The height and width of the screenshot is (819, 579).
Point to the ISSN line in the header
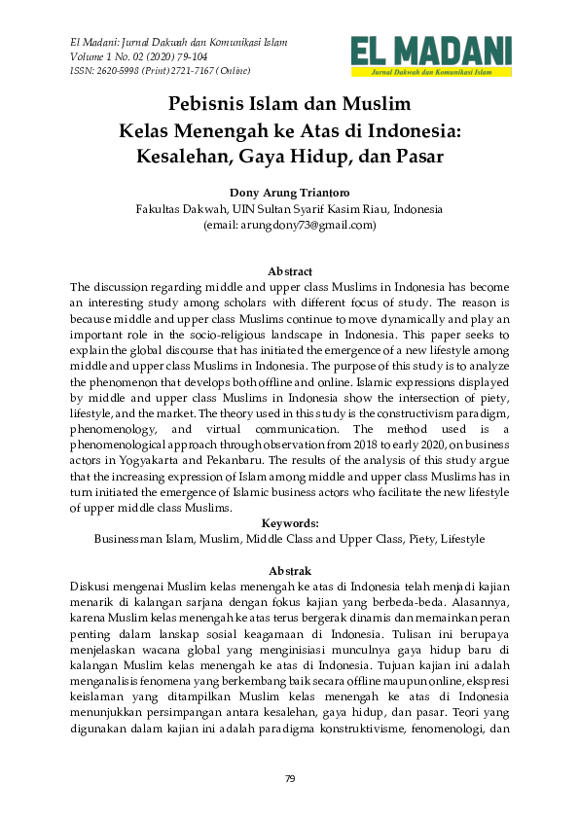(x=160, y=71)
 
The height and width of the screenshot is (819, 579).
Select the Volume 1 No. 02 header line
(x=140, y=56)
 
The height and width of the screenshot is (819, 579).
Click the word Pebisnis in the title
(x=209, y=103)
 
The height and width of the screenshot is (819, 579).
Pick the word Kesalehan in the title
(x=188, y=155)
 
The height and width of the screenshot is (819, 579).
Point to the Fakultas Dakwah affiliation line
(x=289, y=208)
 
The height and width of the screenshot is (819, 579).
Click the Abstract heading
(x=289, y=271)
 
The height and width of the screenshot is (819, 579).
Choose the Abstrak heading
(x=289, y=570)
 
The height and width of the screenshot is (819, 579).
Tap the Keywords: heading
(x=289, y=522)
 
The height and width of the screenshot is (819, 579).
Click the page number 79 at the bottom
(x=289, y=778)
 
